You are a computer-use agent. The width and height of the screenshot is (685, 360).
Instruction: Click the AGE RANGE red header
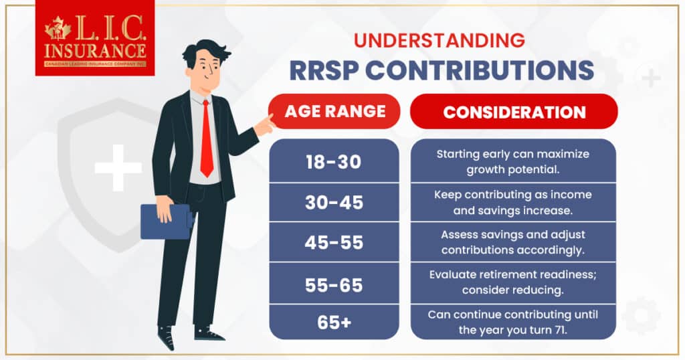tap(334, 111)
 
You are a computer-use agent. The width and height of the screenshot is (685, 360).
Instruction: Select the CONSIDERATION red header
tap(514, 111)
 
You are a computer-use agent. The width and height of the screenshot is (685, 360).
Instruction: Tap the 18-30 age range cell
tap(334, 161)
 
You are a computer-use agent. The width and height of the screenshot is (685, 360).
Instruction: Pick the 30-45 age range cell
tap(334, 202)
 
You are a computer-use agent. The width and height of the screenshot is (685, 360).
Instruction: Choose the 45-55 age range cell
tap(334, 242)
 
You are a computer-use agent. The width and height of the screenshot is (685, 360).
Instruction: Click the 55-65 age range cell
tap(334, 284)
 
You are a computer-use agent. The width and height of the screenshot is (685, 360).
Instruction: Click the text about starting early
tap(513, 161)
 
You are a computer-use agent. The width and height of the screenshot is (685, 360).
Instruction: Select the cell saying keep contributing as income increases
tap(513, 201)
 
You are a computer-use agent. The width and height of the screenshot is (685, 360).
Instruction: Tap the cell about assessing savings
tap(513, 242)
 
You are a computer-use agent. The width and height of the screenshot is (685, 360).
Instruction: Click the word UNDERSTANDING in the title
tap(439, 41)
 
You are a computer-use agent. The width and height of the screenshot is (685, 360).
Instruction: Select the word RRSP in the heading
tap(328, 70)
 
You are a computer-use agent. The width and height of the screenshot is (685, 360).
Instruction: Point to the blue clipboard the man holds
tap(164, 220)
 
